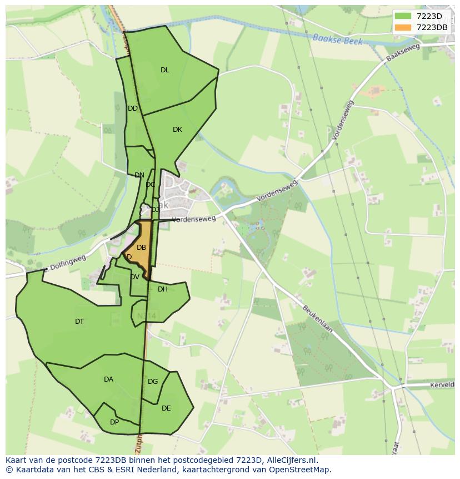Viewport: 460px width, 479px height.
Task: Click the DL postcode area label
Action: click(x=165, y=70)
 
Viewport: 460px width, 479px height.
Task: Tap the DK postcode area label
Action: click(x=177, y=130)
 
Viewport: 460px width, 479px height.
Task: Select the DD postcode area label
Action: click(x=133, y=108)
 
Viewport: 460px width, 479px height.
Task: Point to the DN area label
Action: click(x=139, y=175)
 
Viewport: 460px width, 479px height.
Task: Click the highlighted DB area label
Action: click(x=142, y=248)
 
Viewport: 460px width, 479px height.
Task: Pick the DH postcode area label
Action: click(x=163, y=289)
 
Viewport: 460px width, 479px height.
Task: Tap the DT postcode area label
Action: click(x=79, y=322)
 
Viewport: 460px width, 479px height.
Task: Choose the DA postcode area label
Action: click(x=108, y=379)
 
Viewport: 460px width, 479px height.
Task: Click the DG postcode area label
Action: click(x=153, y=382)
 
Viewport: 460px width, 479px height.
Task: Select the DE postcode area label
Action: click(x=166, y=408)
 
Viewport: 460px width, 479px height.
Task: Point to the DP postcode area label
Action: click(x=114, y=422)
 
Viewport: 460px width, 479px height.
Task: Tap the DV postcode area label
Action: click(x=135, y=277)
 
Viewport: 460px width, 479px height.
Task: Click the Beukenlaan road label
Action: click(x=318, y=318)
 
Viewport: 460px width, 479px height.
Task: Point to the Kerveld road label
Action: click(x=442, y=384)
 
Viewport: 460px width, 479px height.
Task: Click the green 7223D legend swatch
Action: click(x=402, y=16)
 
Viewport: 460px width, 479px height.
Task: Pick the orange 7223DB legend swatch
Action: click(x=402, y=27)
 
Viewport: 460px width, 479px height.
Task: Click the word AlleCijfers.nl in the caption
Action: click(x=290, y=460)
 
